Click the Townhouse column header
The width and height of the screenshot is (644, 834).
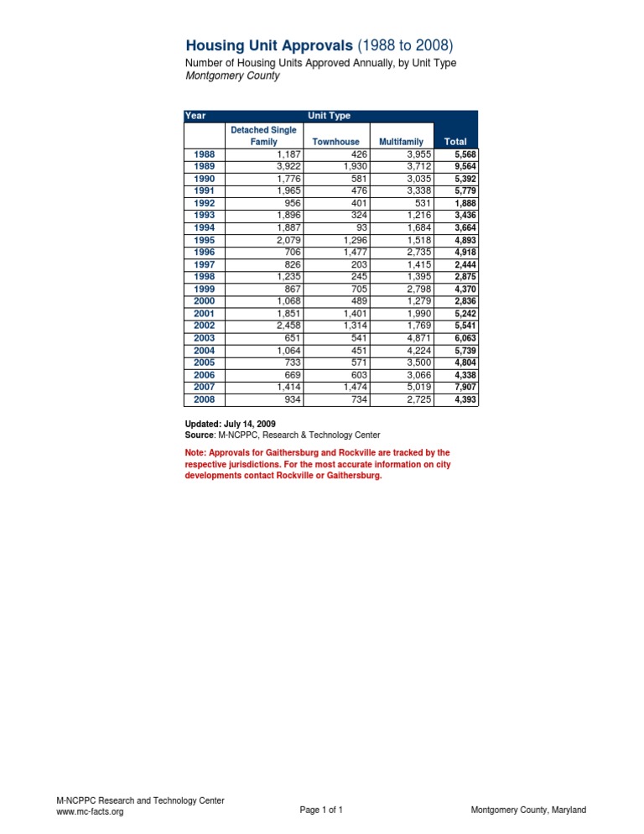pos(335,143)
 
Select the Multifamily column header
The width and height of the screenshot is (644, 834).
pos(401,143)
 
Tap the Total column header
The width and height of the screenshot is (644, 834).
pos(455,143)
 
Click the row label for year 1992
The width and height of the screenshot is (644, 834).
pos(204,203)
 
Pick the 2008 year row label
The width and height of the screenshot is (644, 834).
pos(204,399)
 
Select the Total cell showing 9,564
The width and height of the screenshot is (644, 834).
pos(464,166)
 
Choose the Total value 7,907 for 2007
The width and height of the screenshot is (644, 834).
pos(464,387)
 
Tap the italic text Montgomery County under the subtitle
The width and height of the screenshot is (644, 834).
pos(231,76)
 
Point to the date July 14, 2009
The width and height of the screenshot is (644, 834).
pos(255,425)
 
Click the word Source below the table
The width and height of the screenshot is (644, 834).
pos(199,435)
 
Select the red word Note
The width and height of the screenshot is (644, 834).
pos(195,452)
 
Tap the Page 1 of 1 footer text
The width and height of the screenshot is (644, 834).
pos(321,810)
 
